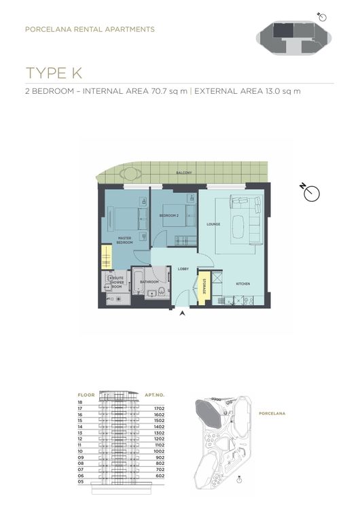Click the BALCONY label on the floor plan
click(x=183, y=173)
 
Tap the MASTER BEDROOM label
click(x=124, y=240)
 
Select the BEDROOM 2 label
click(x=168, y=215)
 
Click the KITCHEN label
click(x=243, y=283)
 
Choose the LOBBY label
click(x=183, y=269)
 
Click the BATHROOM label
click(x=149, y=282)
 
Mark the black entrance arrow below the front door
click(x=181, y=313)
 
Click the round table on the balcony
click(x=129, y=174)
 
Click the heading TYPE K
click(x=54, y=73)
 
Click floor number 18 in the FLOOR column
click(x=80, y=402)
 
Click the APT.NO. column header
click(x=155, y=394)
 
